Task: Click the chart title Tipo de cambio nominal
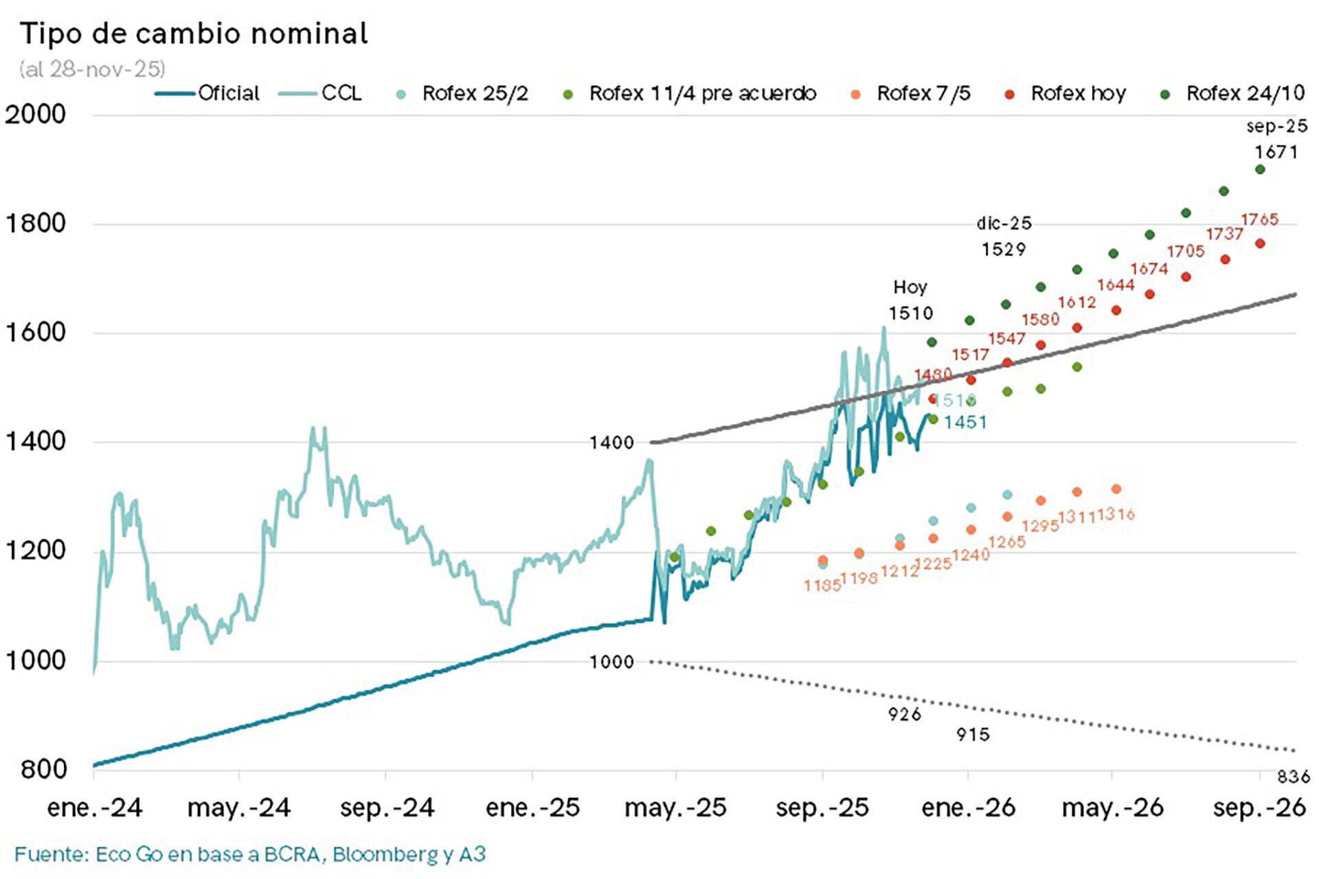click(x=194, y=33)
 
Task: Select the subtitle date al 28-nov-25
click(x=93, y=69)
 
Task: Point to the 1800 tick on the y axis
click(x=36, y=223)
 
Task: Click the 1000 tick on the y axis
click(x=36, y=660)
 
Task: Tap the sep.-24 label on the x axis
click(x=387, y=807)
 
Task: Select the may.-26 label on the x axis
click(x=1112, y=807)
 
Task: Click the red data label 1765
click(x=1259, y=219)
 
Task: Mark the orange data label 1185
click(x=822, y=586)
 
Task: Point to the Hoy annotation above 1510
click(x=910, y=287)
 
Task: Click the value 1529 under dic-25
click(x=1003, y=249)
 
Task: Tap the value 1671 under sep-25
click(x=1276, y=152)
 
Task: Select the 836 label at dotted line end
click(x=1293, y=777)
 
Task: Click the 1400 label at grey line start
click(x=611, y=443)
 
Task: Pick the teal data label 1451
click(x=965, y=422)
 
